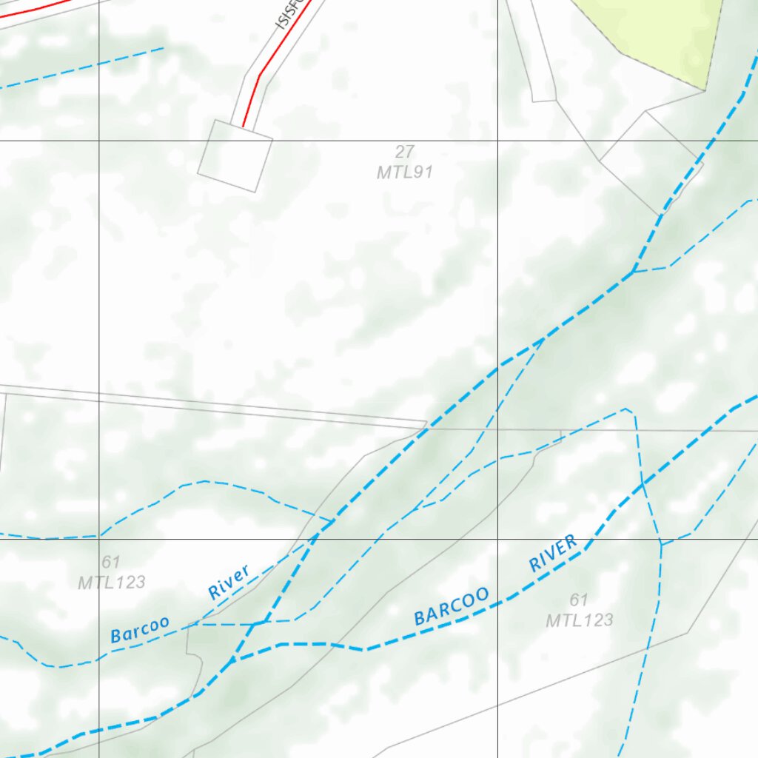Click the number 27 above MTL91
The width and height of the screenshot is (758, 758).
pos(404,152)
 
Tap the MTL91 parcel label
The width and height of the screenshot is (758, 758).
pos(404,172)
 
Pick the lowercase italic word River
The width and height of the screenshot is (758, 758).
pos(229,582)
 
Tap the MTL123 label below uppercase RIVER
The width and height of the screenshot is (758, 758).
pos(580,620)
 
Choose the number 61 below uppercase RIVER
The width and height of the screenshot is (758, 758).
pos(579,600)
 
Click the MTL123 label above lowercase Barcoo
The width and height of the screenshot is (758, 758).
pos(112,582)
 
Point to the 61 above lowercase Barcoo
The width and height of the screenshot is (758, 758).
pos(111,563)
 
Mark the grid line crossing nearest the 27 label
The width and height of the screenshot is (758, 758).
pos(497,140)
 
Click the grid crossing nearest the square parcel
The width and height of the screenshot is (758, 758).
pos(100,140)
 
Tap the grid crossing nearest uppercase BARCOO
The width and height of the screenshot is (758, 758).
pos(497,539)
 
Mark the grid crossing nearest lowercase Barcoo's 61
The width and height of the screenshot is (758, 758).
pos(100,539)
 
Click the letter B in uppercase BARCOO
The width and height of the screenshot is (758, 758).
pos(419,619)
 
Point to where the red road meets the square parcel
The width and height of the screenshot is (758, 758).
pos(243,127)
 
